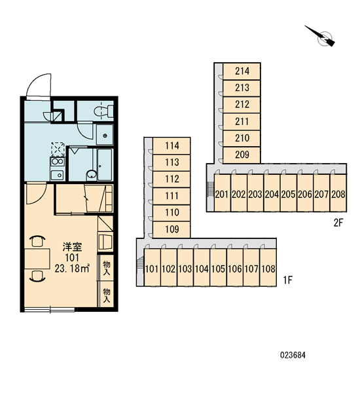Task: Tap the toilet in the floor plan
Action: pos(103,111)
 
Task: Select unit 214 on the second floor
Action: pos(242,71)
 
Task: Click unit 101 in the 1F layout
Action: pos(152,267)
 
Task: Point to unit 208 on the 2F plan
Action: pos(338,193)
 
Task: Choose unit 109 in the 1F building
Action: pos(172,229)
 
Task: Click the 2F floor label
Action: pos(338,223)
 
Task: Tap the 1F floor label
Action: pos(288,280)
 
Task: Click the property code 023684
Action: pos(293,355)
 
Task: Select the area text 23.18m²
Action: pos(72,269)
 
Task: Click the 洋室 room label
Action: pos(72,247)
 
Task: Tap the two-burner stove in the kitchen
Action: pos(58,161)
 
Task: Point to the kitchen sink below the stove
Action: pos(58,175)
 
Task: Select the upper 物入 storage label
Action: pos(107,268)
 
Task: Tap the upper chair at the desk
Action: pos(37,241)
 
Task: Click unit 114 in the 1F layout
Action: pos(172,146)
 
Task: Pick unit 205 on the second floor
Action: pos(289,193)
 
